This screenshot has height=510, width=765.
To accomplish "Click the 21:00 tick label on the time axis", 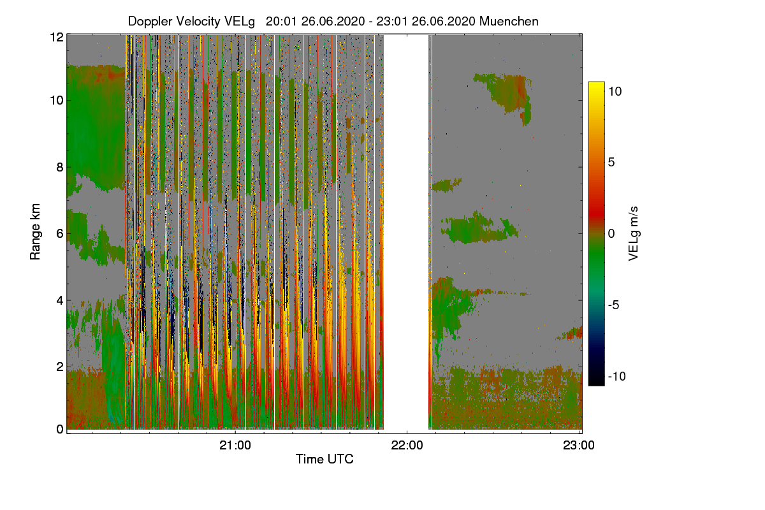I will click(x=235, y=446).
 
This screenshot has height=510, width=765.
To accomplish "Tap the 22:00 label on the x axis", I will click(x=407, y=446).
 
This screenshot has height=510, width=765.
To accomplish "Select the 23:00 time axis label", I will click(x=579, y=446).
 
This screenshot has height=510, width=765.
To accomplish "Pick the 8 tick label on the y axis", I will click(x=60, y=168).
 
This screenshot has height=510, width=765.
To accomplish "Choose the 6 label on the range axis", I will click(x=60, y=234).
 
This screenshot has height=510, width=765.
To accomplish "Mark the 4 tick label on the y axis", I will click(x=60, y=300).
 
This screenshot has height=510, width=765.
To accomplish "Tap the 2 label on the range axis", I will click(x=60, y=367).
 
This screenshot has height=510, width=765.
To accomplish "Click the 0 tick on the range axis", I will click(x=60, y=429).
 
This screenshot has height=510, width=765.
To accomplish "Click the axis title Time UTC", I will click(x=324, y=459).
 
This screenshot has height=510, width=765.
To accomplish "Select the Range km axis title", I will click(x=36, y=233).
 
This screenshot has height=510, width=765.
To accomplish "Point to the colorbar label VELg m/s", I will click(x=633, y=233).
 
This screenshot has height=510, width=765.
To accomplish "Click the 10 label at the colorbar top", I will click(x=615, y=91).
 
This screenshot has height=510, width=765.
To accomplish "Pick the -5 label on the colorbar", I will click(x=615, y=305).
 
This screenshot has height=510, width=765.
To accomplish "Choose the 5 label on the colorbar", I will click(x=611, y=163).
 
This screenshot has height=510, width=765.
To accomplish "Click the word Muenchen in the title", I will click(x=509, y=21).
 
